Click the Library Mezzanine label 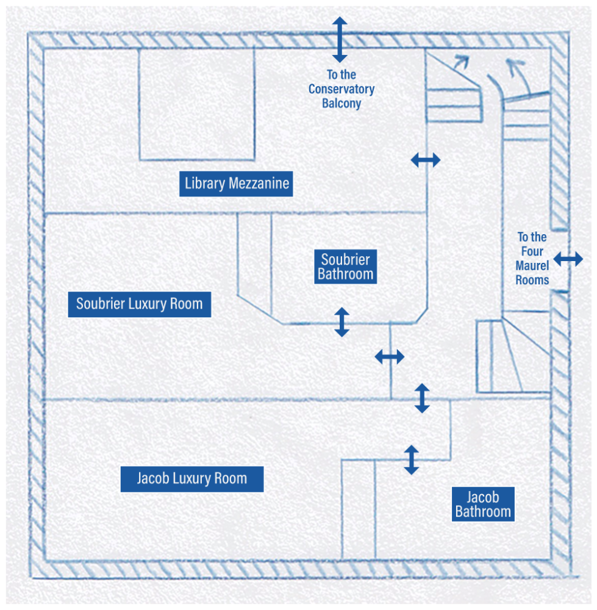(x=236, y=184)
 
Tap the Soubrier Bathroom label (x=345, y=267)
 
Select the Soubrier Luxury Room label (x=139, y=304)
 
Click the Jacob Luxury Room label (x=191, y=478)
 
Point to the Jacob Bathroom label (x=483, y=504)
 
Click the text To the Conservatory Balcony (x=341, y=89)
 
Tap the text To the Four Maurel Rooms (x=532, y=259)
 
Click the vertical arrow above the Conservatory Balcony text (x=340, y=39)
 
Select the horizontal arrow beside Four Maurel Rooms (x=568, y=259)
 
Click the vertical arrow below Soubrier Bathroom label (x=341, y=321)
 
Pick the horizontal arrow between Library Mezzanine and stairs (x=425, y=160)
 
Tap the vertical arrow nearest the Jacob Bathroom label (x=412, y=459)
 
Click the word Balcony (x=341, y=103)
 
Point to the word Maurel (x=532, y=266)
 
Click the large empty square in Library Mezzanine (x=196, y=104)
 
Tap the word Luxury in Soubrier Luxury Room (x=146, y=304)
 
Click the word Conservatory (x=341, y=89)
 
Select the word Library (x=205, y=184)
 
